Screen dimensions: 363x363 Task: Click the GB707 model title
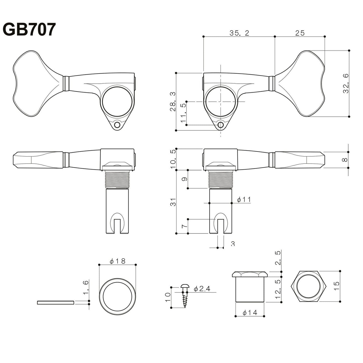[29, 29]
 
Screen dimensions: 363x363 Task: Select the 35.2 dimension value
[239, 33]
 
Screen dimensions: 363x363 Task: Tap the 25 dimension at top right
[300, 33]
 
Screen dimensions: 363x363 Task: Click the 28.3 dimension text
[172, 101]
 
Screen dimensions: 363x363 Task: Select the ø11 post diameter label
[244, 199]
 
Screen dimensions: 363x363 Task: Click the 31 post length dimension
[173, 201]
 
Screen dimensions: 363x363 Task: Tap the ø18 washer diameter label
[117, 261]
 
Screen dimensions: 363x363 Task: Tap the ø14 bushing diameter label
[250, 313]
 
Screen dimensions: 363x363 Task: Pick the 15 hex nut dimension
[336, 287]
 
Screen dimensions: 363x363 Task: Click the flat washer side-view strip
[56, 302]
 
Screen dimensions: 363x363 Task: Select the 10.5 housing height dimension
[173, 159]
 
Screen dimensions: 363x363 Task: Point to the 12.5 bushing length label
[277, 290]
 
